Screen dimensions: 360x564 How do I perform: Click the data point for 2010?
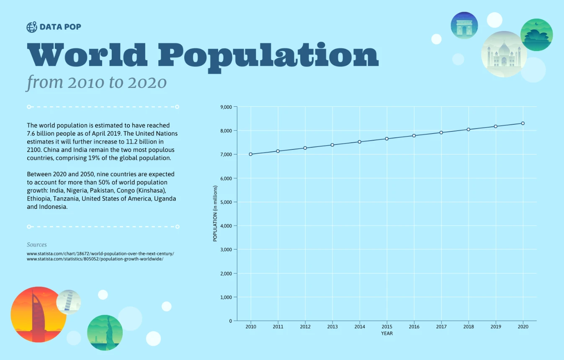tap(251, 154)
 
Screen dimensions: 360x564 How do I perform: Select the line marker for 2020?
tap(523, 123)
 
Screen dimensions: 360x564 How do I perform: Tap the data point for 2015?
tap(387, 139)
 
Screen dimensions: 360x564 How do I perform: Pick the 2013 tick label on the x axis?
tap(332, 327)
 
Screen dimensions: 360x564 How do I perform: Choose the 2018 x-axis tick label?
tap(468, 327)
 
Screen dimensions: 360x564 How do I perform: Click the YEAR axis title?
tap(387, 334)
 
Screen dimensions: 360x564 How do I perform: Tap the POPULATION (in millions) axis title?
tap(215, 213)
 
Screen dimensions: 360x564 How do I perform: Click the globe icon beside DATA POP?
tap(32, 27)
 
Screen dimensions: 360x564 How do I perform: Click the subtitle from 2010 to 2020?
tap(97, 82)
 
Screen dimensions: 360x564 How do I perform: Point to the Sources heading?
tap(37, 244)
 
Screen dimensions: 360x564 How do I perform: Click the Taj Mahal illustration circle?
tap(504, 54)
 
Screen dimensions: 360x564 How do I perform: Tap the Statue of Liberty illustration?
tap(105, 332)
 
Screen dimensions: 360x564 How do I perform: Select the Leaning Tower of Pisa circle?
tap(68, 302)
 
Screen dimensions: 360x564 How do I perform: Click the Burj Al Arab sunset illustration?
tap(38, 314)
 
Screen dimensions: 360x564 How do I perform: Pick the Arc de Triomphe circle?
tap(464, 26)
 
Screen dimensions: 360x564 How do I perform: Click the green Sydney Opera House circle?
tap(536, 35)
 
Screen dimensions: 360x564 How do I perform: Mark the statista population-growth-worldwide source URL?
tap(95, 259)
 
